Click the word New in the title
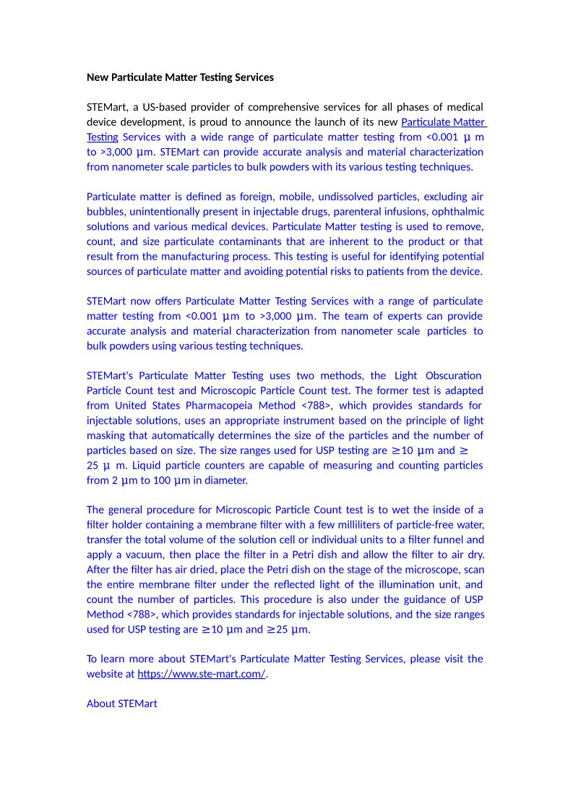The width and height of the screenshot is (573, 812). point(98,77)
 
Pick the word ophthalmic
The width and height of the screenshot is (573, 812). point(458,212)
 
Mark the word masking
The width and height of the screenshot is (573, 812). point(105,435)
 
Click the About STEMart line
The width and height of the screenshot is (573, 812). point(121,704)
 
